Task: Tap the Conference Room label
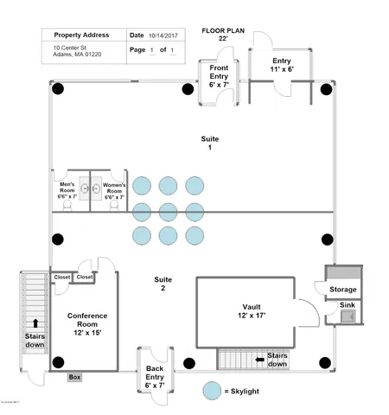[87, 322]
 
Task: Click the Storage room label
[342, 289]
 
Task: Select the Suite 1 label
[204, 144]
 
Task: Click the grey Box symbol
[74, 378]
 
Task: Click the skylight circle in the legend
[211, 391]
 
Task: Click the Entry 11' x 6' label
[282, 66]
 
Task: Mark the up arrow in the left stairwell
[35, 323]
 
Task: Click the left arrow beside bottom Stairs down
[258, 359]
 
